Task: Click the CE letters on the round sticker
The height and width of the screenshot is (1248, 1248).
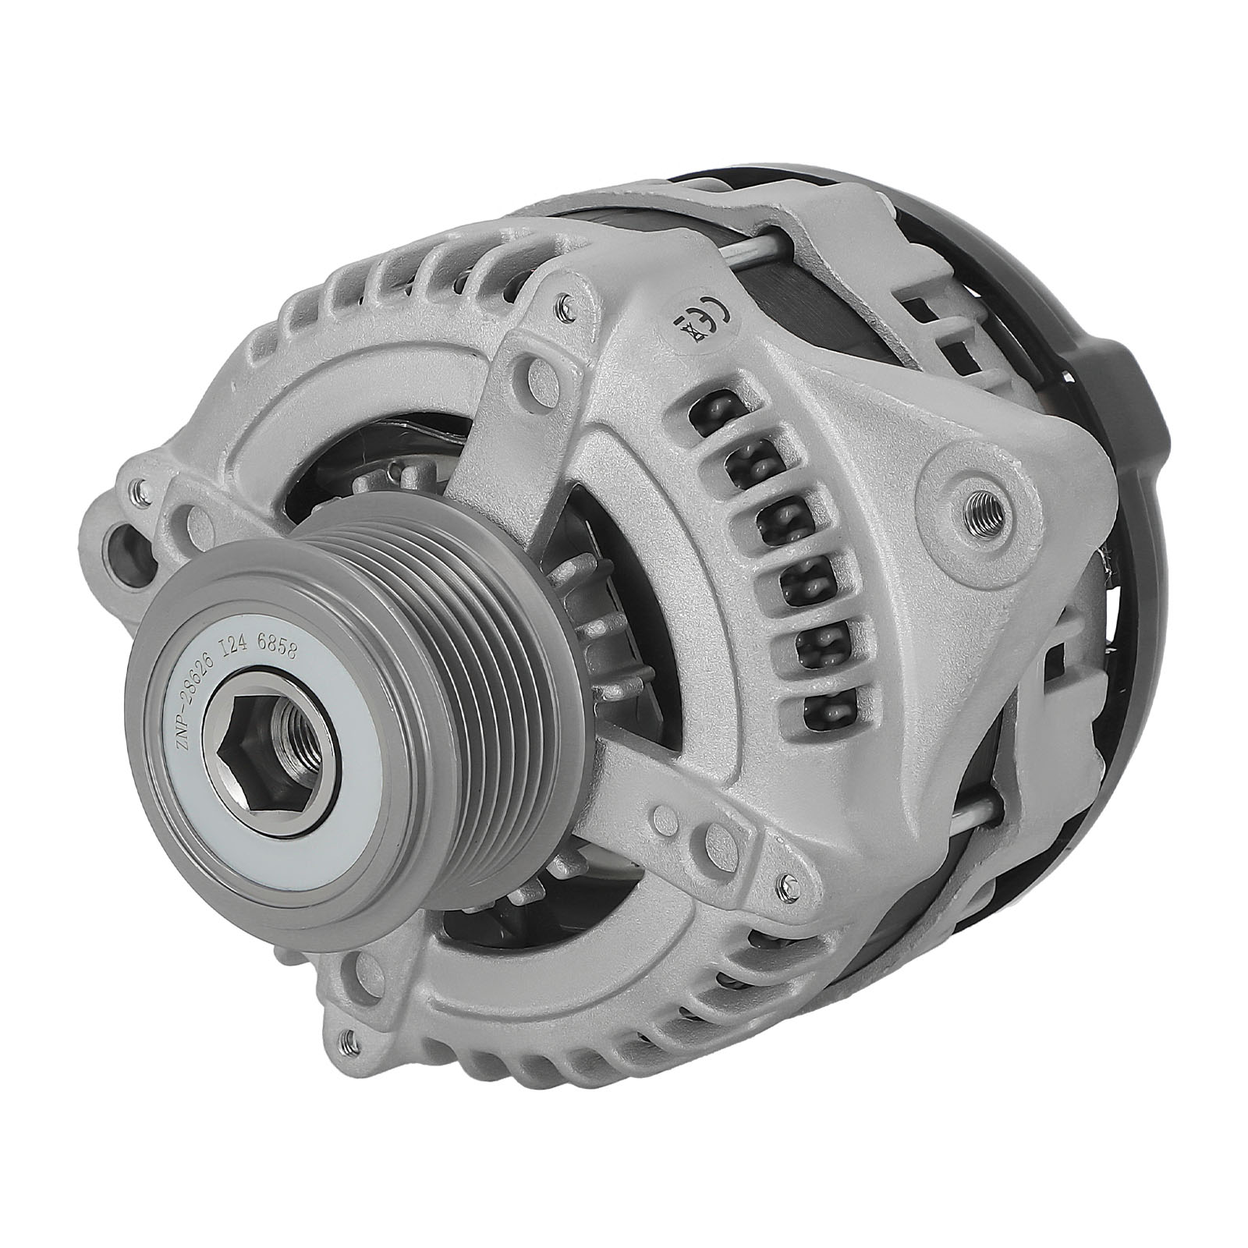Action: pos(711,315)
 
